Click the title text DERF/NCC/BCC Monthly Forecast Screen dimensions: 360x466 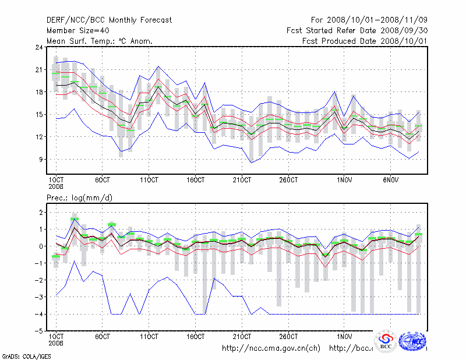109,20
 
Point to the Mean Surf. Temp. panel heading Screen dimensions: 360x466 100,41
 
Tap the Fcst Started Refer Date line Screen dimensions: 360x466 357,31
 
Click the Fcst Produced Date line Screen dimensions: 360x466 365,41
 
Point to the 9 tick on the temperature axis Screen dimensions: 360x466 40,159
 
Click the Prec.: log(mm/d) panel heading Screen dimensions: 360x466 79,199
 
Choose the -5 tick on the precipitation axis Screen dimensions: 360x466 38,331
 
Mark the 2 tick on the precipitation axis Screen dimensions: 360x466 40,213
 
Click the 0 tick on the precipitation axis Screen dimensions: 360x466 40,246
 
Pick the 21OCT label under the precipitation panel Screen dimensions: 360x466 242,337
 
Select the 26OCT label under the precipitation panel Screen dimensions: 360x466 289,337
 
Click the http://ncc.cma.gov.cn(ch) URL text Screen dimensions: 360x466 271,348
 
